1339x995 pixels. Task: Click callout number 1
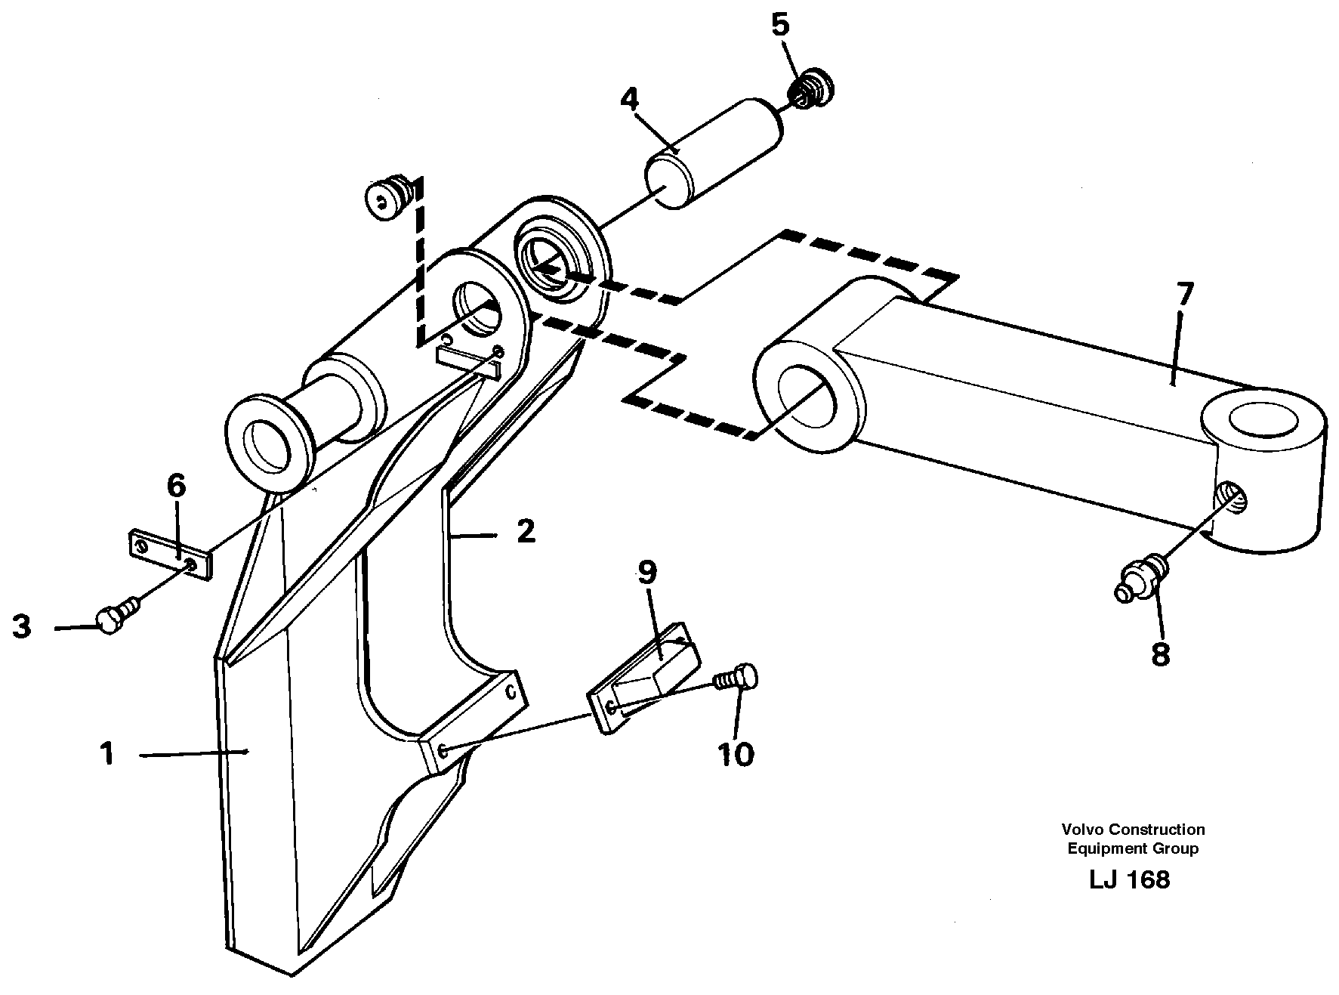[107, 753]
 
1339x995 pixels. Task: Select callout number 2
[526, 531]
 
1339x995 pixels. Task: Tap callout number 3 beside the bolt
[22, 626]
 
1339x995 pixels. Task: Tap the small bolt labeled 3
[117, 616]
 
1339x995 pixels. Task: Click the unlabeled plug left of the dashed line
[389, 199]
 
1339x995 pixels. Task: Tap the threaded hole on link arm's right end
[1232, 497]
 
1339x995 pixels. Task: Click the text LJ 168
[1129, 879]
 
